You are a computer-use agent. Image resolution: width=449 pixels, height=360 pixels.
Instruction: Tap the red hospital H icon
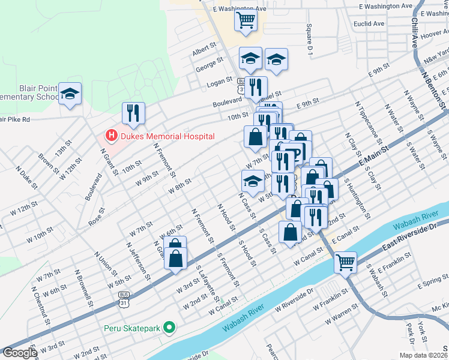click(x=110, y=136)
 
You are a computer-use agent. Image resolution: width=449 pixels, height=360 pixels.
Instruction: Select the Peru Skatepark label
click(x=133, y=328)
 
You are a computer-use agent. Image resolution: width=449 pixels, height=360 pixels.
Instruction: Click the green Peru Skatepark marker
click(x=170, y=328)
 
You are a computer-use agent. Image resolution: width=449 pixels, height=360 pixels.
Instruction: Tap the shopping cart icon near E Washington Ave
click(x=246, y=20)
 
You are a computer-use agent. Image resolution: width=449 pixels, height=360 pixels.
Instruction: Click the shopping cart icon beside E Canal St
click(x=345, y=262)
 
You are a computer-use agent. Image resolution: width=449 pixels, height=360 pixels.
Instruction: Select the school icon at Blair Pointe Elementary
click(x=70, y=94)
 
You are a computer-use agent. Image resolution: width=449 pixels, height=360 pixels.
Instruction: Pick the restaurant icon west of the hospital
click(x=133, y=112)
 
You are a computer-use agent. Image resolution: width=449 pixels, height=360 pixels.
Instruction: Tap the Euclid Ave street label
click(x=369, y=24)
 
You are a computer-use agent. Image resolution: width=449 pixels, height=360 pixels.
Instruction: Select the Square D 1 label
click(x=310, y=40)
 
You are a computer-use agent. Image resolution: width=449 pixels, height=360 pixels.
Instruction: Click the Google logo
click(x=20, y=353)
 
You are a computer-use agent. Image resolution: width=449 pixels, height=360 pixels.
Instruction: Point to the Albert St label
click(x=204, y=50)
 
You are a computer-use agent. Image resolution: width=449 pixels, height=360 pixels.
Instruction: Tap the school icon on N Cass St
click(x=253, y=181)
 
